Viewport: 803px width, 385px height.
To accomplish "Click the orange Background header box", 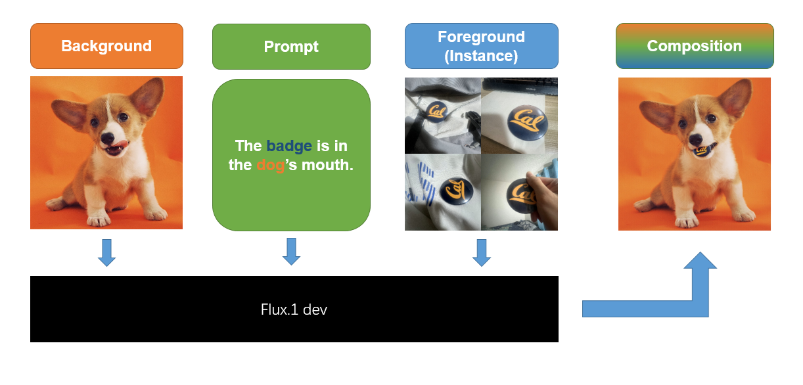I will pos(106,46).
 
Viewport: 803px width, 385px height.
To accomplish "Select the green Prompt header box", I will pos(291,47).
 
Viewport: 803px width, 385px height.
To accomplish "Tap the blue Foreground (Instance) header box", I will pos(481,46).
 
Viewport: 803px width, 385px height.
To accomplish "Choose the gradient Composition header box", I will pos(695,46).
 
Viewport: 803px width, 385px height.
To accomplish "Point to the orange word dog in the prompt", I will pos(271,166).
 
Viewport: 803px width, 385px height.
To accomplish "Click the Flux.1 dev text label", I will pos(294,309).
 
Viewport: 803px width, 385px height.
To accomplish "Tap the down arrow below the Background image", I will pos(106,252).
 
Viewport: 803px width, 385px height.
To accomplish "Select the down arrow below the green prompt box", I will pos(291,251).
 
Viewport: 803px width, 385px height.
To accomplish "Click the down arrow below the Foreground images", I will pos(482,252).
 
